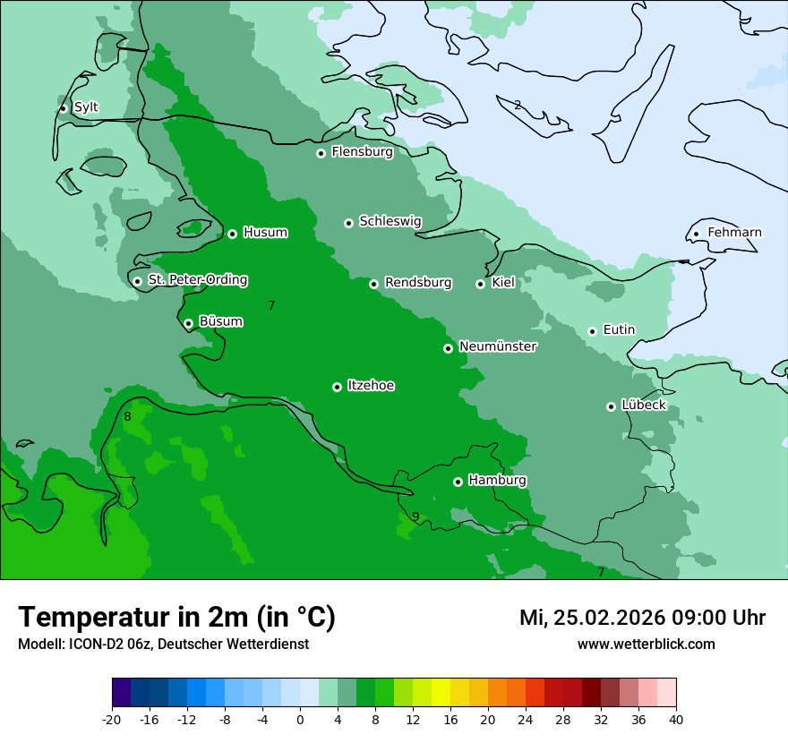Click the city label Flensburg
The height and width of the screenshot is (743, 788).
coord(362,152)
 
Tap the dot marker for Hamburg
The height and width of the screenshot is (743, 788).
coord(458,482)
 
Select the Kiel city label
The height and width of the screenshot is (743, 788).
coord(503,283)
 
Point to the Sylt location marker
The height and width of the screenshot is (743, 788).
coord(63,108)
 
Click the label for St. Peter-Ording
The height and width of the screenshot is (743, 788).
coord(197,280)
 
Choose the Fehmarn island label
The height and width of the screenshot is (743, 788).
coord(734,233)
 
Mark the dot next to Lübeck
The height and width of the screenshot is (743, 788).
coord(611,406)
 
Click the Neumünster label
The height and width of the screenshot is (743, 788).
coord(498,346)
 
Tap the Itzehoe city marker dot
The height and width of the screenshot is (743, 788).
coord(337,387)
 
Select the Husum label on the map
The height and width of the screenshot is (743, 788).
coord(265,233)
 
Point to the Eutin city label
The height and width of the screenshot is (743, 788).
coord(619,330)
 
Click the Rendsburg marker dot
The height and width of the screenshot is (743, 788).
coord(373,284)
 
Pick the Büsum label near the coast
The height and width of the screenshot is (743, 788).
coord(220,321)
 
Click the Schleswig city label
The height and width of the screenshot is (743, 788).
coord(390,221)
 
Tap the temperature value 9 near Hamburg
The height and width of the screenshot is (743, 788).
coord(415,517)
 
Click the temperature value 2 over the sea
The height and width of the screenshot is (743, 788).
coord(518,105)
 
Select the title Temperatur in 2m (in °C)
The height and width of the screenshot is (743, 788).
coord(176,617)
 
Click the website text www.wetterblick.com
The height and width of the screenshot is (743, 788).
coord(646,644)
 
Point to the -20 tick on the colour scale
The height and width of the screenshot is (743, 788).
coord(112,719)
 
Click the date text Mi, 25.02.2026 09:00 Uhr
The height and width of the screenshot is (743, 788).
coord(642,618)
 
